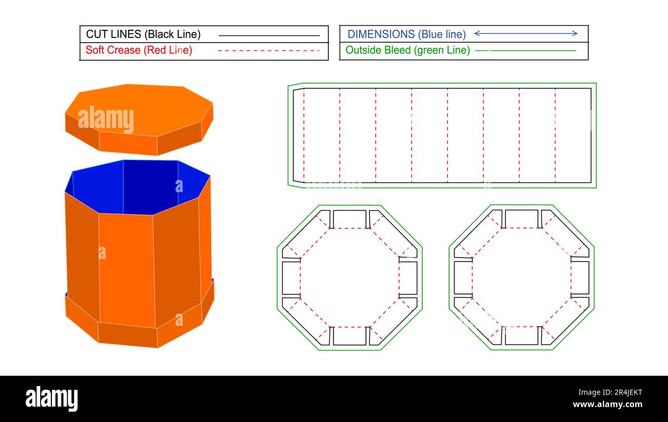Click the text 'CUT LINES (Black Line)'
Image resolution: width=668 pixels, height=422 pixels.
[143, 34]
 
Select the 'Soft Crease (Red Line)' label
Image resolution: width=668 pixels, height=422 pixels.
[139, 50]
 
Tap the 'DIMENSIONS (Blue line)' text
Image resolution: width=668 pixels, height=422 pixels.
[406, 34]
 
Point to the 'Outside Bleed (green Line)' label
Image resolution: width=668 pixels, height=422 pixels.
[407, 50]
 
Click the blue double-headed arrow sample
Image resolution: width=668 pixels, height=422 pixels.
[526, 33]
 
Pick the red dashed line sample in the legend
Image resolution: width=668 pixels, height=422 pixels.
[269, 50]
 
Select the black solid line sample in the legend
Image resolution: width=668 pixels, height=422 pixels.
[269, 35]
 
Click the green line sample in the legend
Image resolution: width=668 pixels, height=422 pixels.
[526, 50]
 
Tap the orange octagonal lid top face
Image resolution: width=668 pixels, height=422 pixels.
[139, 108]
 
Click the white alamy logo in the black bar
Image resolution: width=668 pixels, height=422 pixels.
[51, 399]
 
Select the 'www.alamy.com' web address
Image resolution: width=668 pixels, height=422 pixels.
[607, 405]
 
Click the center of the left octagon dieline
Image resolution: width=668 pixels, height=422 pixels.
[349, 278]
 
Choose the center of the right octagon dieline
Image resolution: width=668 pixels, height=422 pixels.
[521, 278]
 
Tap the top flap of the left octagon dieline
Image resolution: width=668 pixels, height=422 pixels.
[349, 218]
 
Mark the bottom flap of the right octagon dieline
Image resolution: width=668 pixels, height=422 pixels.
[521, 336]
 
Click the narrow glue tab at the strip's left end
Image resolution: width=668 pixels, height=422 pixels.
[298, 135]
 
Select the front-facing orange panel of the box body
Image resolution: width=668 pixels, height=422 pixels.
[126, 267]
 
